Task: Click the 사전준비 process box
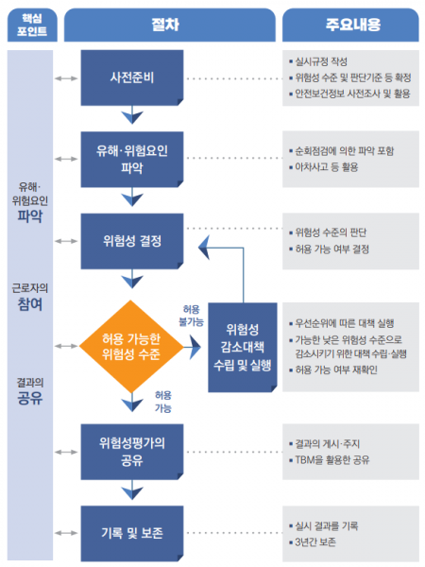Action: (132, 78)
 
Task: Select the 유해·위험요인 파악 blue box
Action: (132, 158)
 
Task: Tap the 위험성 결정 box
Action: (132, 240)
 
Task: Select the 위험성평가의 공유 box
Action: (132, 451)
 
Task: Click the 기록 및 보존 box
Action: (132, 532)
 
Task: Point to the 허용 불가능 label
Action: (192, 316)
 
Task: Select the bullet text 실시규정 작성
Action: (327, 60)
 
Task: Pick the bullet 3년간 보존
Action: (321, 541)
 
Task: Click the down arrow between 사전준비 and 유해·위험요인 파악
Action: (132, 117)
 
